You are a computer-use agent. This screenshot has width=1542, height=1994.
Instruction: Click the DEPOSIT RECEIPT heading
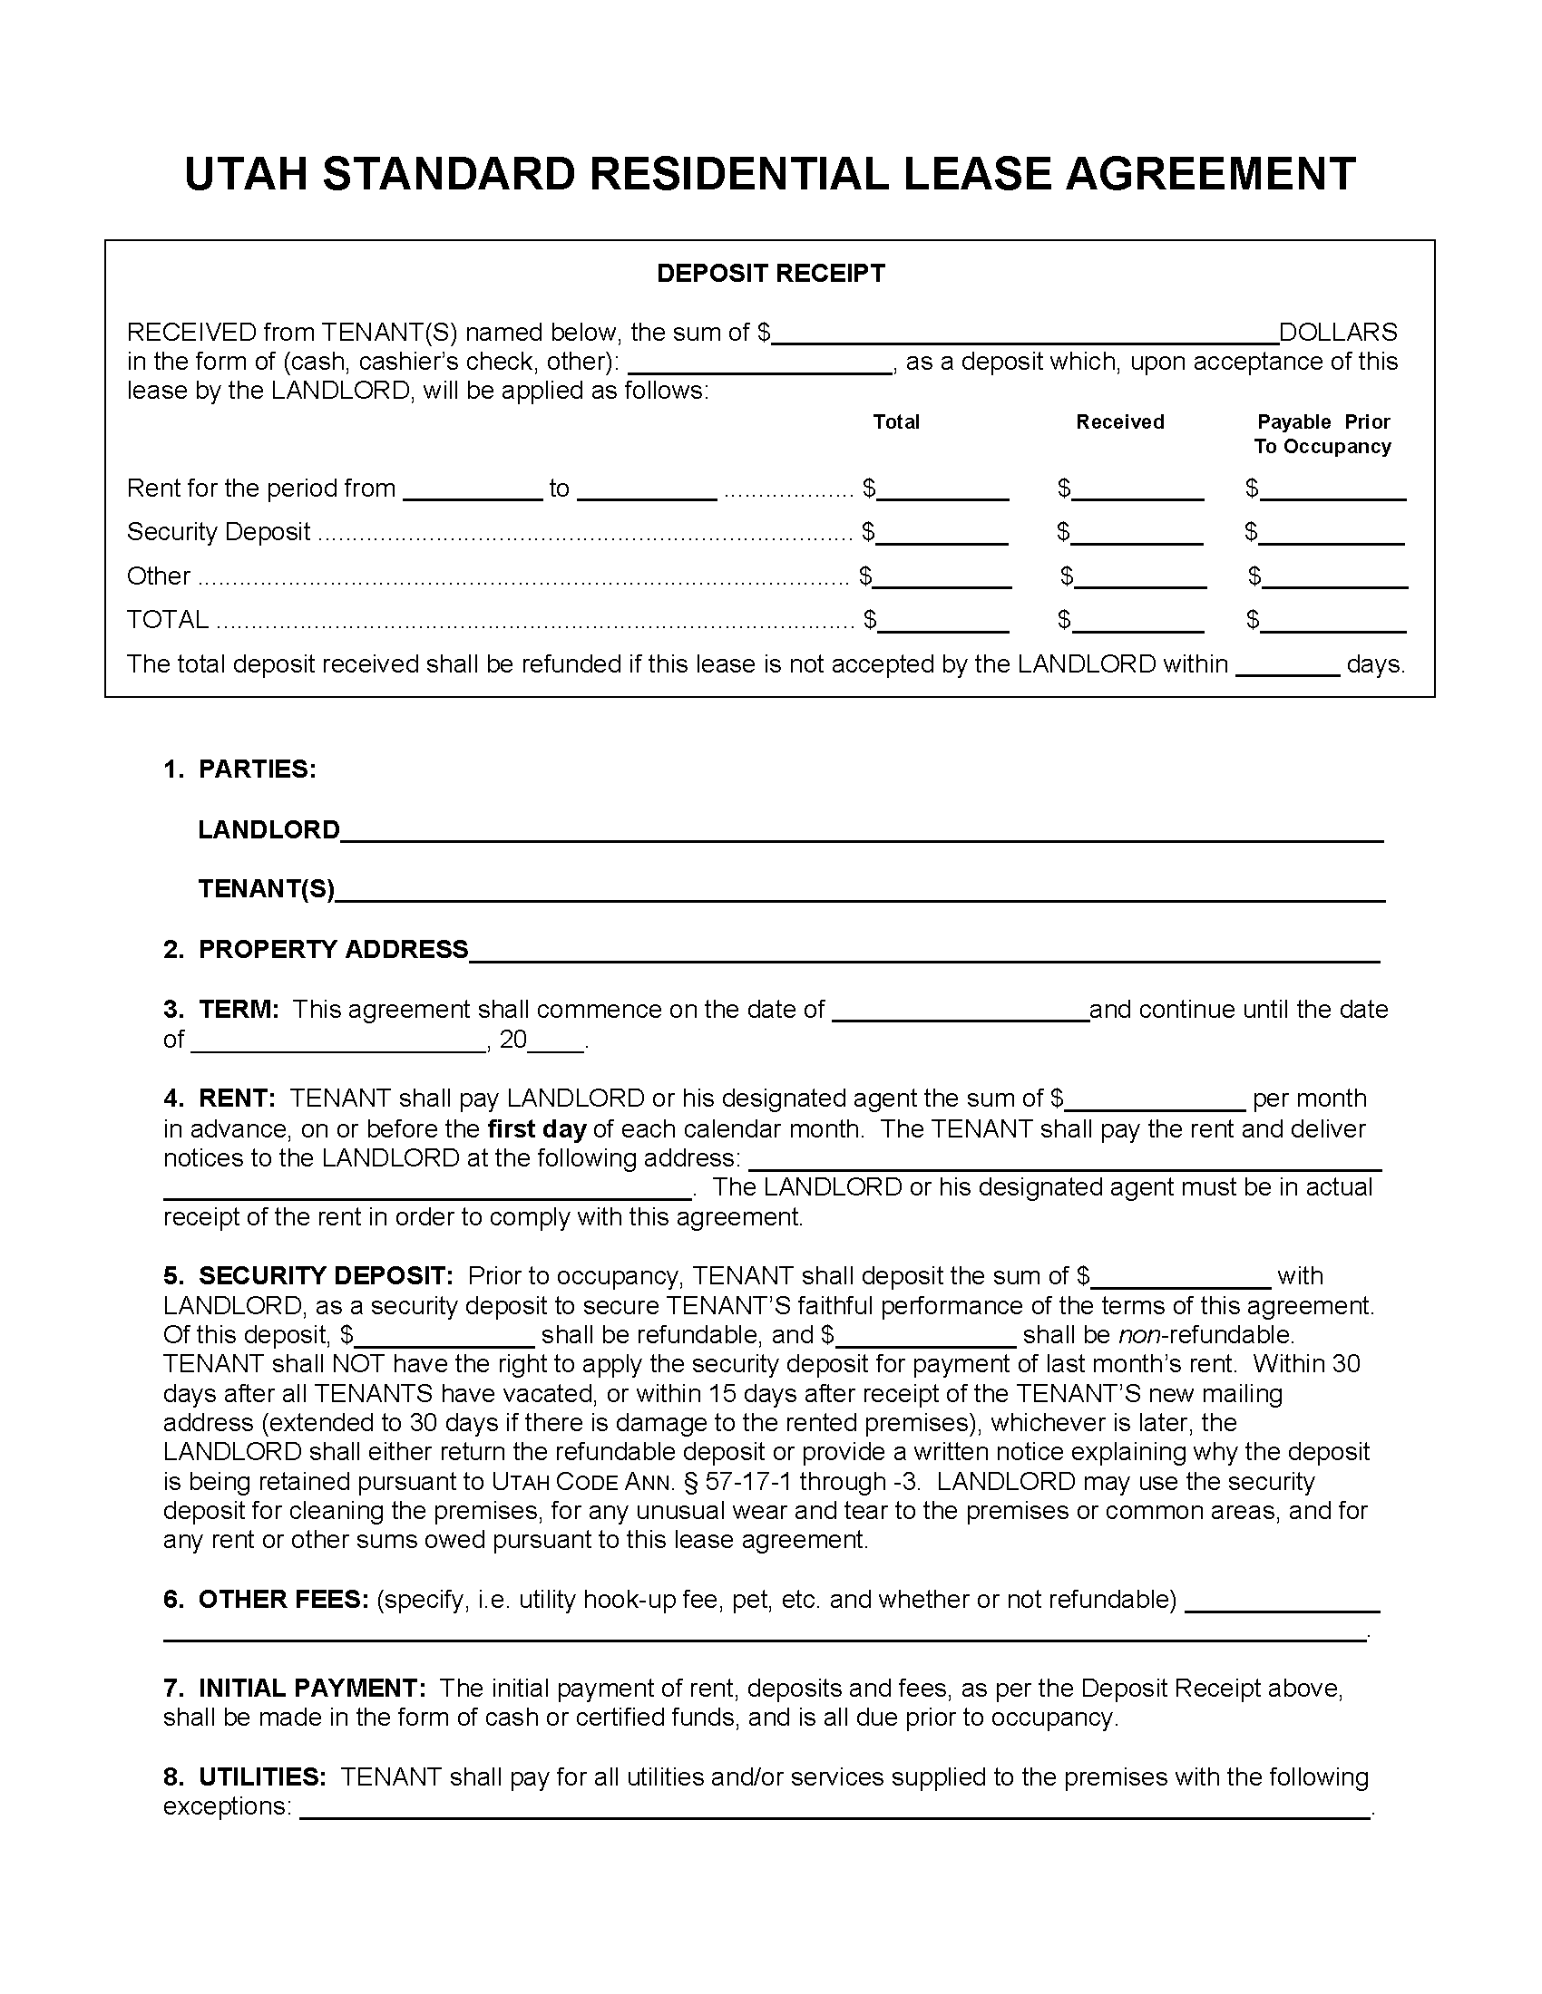(770, 274)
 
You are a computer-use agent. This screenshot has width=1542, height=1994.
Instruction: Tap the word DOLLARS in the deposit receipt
(1337, 332)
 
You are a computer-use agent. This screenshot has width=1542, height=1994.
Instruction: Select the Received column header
(1119, 421)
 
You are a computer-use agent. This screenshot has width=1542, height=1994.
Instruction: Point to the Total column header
(895, 421)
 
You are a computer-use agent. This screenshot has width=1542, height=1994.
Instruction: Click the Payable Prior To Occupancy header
(1322, 434)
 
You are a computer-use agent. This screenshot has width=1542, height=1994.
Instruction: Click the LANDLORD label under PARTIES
(268, 830)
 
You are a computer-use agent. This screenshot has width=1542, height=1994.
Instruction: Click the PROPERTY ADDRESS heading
(333, 950)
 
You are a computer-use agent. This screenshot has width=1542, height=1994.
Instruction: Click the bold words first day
(536, 1129)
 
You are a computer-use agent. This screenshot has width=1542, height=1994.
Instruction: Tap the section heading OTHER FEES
(282, 1600)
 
